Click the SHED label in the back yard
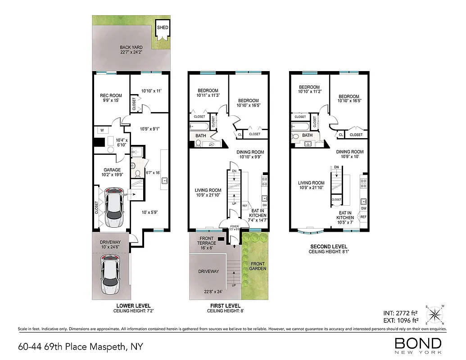[163, 27]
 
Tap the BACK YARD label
[131, 49]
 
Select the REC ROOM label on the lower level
[111, 98]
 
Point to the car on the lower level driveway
[110, 274]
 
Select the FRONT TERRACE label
[207, 241]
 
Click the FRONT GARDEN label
[258, 266]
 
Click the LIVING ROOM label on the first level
[208, 193]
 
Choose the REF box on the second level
[363, 217]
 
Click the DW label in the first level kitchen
[264, 206]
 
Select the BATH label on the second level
[307, 135]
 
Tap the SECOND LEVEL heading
[329, 247]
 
